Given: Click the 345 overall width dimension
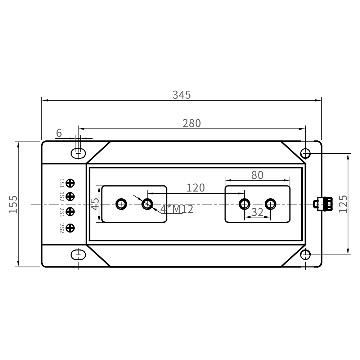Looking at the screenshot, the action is (x=181, y=95).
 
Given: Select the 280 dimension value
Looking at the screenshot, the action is (x=192, y=123).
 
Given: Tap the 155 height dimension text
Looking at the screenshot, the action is (x=13, y=204).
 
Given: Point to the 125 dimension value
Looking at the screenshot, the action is (x=343, y=204).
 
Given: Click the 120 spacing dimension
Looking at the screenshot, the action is (x=195, y=188).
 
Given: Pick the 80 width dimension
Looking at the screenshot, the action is (x=257, y=175).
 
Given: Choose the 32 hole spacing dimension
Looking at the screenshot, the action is (x=257, y=212).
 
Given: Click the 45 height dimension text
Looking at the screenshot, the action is (x=95, y=204).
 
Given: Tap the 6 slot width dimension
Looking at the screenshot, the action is (x=59, y=133).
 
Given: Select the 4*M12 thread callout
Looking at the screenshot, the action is (x=177, y=209).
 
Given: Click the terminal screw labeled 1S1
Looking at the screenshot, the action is (x=70, y=183).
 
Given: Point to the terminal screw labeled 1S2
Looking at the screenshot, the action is (x=70, y=197).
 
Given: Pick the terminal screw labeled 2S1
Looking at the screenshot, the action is (x=70, y=211).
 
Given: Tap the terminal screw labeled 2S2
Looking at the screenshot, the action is (x=70, y=228).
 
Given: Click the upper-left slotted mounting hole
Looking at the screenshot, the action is (x=78, y=153).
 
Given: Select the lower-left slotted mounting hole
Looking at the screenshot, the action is (x=78, y=255).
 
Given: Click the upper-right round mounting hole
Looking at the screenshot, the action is (x=305, y=153).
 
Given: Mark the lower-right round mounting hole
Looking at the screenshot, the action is (x=305, y=255).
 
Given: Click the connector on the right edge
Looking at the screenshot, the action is (x=323, y=204).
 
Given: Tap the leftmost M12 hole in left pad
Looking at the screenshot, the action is (x=121, y=204).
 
